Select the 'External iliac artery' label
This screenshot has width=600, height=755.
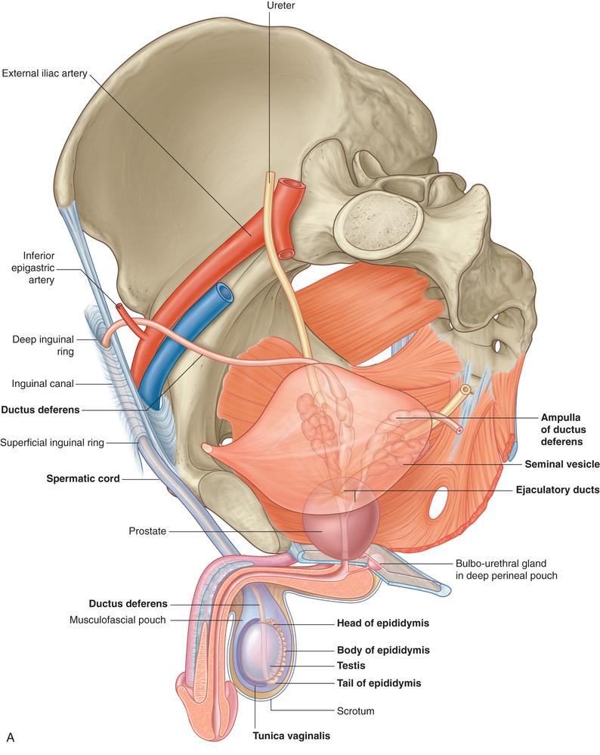45,73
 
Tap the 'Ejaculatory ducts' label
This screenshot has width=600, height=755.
557,490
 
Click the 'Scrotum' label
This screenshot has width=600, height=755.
357,711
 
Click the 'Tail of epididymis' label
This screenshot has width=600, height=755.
378,682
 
